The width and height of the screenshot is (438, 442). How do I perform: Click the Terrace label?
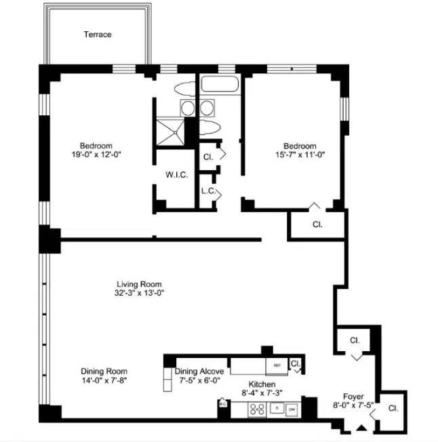click(98, 35)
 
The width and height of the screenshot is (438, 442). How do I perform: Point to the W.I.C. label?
click(176, 174)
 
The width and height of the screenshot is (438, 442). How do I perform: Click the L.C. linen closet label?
click(208, 191)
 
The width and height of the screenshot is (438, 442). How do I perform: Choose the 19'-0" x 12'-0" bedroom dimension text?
click(96, 155)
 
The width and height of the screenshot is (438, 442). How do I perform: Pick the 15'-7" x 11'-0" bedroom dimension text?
click(299, 155)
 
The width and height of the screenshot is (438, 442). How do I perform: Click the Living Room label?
click(139, 284)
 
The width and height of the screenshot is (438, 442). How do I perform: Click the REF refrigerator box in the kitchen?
click(277, 365)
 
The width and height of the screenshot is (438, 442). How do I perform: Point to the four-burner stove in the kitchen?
click(258, 409)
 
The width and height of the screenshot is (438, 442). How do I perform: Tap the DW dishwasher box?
click(292, 409)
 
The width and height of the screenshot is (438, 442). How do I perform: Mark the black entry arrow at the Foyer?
click(361, 427)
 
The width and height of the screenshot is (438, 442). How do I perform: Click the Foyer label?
click(353, 397)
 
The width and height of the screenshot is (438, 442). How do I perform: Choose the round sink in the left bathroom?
click(187, 108)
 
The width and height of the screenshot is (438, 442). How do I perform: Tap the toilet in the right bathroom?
click(210, 129)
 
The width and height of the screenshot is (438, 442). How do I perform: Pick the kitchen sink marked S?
click(276, 409)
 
